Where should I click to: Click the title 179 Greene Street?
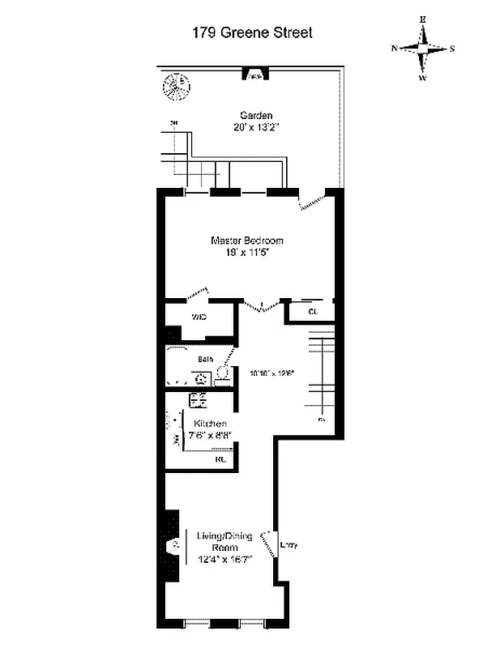[x=251, y=33]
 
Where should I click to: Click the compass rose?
[x=423, y=49]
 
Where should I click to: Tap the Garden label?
[x=255, y=115]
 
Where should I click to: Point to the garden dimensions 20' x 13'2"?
[x=255, y=127]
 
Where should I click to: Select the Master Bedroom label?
[x=247, y=241]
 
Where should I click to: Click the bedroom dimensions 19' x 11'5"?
[x=247, y=253]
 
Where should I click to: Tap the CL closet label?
[x=314, y=311]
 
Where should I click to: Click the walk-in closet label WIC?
[x=198, y=317]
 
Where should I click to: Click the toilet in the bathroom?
[x=221, y=374]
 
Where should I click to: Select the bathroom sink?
[x=199, y=377]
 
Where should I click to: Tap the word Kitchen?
[x=210, y=424]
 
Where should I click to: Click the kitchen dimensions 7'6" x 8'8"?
[x=210, y=435]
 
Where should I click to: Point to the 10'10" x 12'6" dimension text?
[x=273, y=373]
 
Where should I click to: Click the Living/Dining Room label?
[x=225, y=542]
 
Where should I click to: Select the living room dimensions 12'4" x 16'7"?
[x=225, y=560]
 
